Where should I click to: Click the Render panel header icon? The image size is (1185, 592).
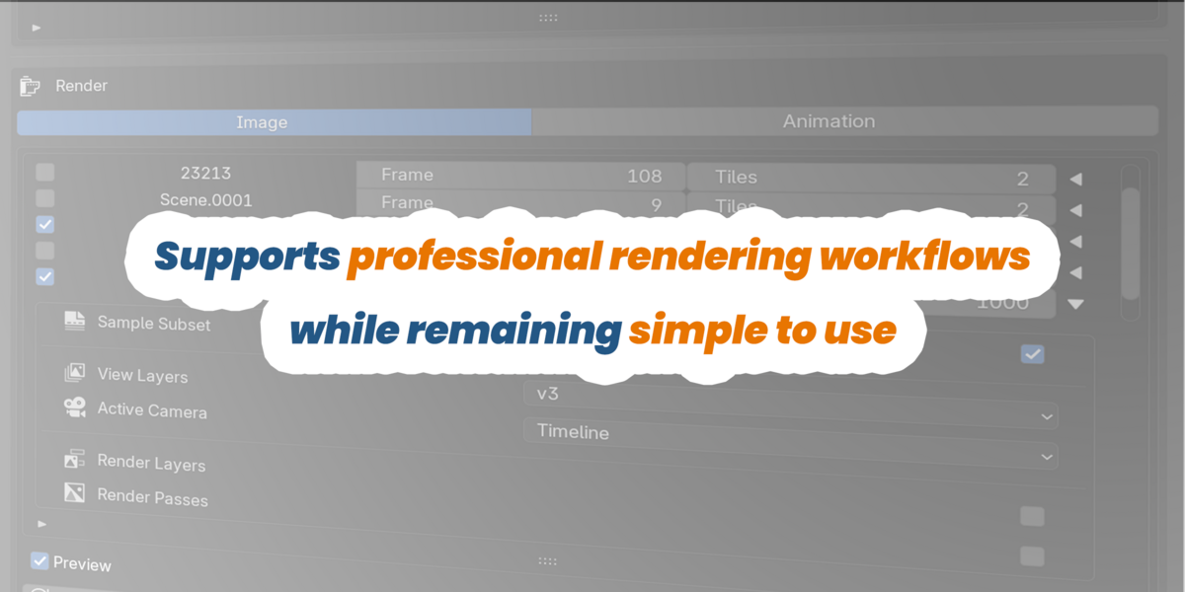tap(30, 86)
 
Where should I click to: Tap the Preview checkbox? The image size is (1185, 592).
tap(39, 560)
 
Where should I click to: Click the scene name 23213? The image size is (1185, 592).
tap(205, 173)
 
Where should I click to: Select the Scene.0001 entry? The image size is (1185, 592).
tap(205, 199)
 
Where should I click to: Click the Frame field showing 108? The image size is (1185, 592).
tap(520, 176)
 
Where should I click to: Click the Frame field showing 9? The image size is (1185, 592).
tap(520, 203)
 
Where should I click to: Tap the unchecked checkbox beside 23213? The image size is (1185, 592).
tap(45, 172)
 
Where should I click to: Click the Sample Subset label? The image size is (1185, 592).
tap(154, 324)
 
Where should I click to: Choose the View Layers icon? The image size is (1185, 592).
tap(75, 372)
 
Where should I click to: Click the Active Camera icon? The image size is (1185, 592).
tap(75, 407)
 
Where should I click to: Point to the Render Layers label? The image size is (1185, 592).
tap(151, 463)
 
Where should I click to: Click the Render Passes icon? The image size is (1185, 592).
tap(75, 492)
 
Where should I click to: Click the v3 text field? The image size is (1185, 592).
tap(790, 403)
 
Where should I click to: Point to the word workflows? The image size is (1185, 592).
tap(924, 256)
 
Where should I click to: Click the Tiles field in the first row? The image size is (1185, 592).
tap(871, 178)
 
